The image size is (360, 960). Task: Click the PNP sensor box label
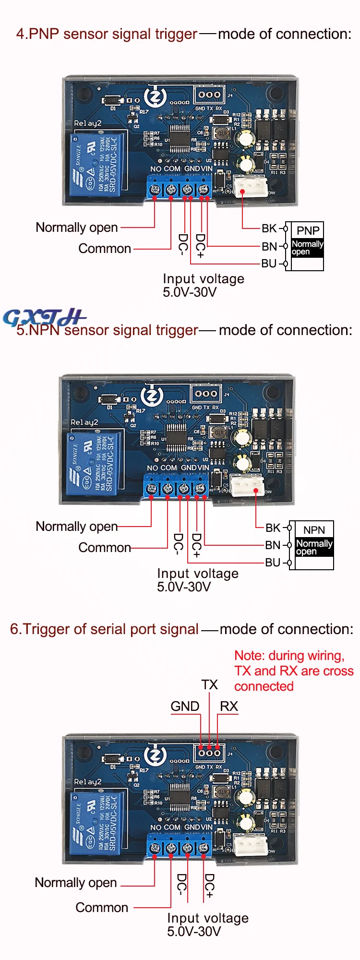[308, 230]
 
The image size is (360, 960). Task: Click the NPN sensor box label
[314, 530]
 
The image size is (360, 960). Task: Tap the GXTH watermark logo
[44, 317]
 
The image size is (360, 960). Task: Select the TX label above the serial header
[209, 685]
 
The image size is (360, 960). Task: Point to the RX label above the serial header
[229, 707]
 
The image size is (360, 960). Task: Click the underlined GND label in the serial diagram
[185, 707]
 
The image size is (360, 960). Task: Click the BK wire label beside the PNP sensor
[269, 228]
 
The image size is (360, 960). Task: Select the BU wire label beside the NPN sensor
[273, 563]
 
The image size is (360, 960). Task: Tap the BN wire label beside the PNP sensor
[269, 247]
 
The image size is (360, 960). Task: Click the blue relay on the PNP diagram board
[96, 165]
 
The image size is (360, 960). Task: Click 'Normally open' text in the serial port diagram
[76, 883]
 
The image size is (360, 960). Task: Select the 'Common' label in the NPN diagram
[105, 548]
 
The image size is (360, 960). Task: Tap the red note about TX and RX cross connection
[293, 671]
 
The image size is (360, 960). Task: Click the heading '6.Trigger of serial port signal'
[104, 629]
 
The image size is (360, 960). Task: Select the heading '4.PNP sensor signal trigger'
[107, 34]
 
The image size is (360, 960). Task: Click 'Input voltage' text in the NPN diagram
[198, 574]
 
